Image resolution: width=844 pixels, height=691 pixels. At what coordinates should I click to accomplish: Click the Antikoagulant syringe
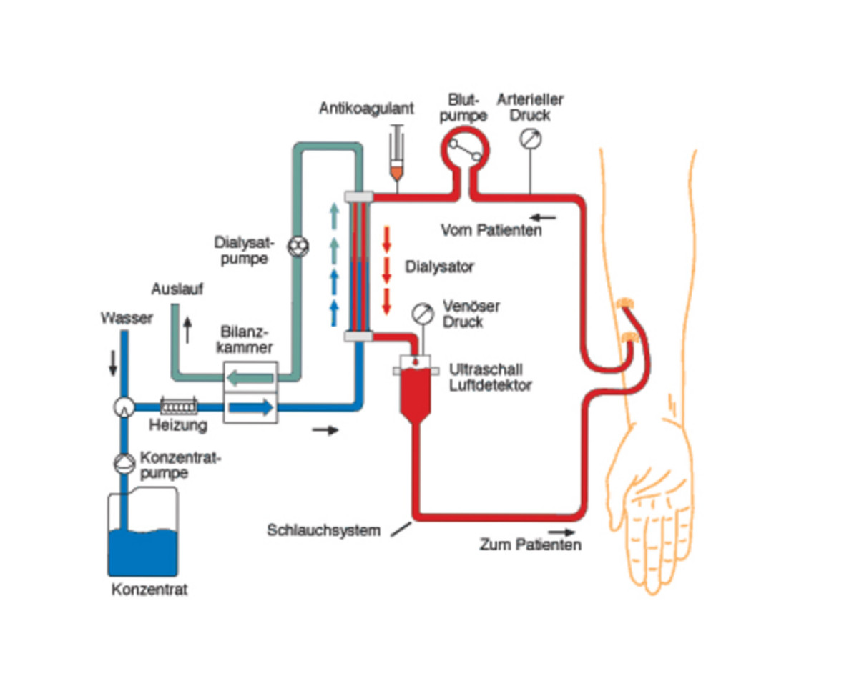click(x=396, y=154)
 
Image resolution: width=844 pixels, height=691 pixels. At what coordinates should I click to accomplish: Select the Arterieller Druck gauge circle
click(x=530, y=138)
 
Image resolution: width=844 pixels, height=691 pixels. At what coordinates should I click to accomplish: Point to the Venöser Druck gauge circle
click(x=422, y=313)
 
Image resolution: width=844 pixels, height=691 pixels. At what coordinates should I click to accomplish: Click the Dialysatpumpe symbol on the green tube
click(x=298, y=247)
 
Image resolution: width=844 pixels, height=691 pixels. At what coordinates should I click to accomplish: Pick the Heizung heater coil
click(x=179, y=407)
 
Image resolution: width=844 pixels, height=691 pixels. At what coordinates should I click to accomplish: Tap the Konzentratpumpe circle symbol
click(x=124, y=464)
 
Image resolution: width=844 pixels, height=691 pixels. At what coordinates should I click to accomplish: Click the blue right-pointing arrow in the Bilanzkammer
click(x=250, y=407)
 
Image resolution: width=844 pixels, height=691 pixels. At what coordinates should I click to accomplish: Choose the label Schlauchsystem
click(x=323, y=530)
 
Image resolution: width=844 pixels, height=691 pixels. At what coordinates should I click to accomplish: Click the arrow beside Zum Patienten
click(x=562, y=532)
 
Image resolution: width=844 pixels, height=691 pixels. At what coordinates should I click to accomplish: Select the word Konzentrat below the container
click(x=149, y=590)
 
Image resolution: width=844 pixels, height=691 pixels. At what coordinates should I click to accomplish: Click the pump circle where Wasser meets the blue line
click(x=124, y=407)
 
